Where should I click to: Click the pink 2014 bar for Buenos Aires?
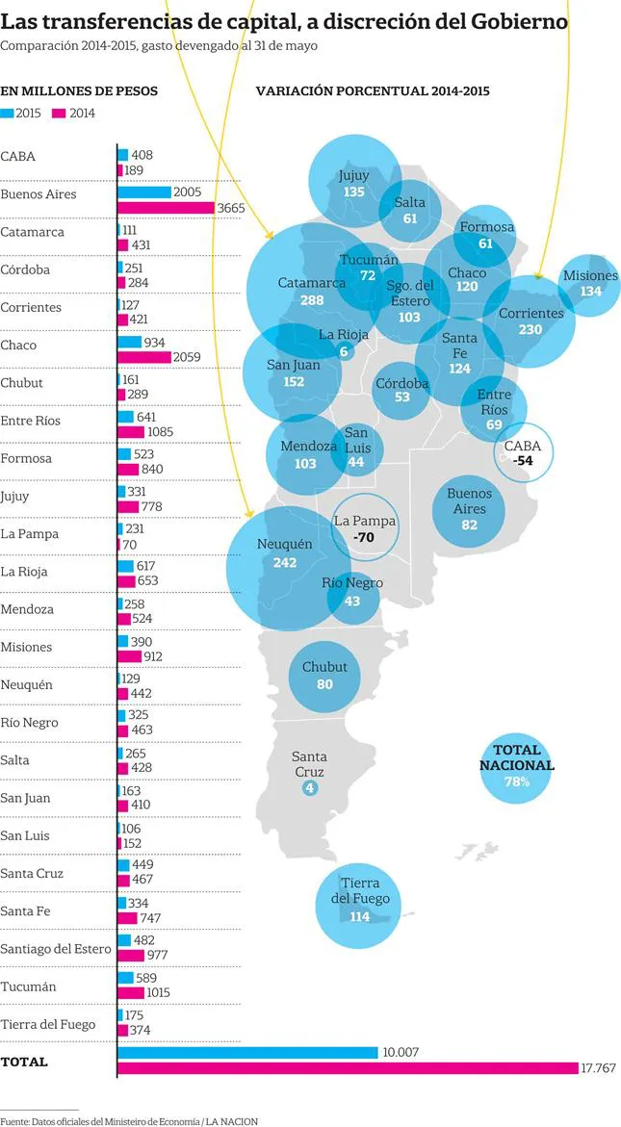click(165, 208)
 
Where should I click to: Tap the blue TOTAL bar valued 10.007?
click(247, 1053)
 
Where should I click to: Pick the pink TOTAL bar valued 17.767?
click(348, 1068)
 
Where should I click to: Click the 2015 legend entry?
click(21, 113)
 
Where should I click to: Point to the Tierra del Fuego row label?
click(48, 1024)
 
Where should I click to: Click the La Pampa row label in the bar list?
click(30, 534)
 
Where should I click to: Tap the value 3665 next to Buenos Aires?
click(231, 208)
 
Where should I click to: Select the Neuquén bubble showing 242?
click(286, 553)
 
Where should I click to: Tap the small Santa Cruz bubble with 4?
click(309, 788)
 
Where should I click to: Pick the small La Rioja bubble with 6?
click(344, 351)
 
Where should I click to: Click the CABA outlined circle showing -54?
click(524, 452)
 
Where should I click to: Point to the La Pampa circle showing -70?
click(364, 529)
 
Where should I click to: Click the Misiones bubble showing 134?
click(591, 283)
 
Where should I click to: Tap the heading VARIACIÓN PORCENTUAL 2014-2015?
click(373, 91)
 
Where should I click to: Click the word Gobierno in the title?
click(517, 21)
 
